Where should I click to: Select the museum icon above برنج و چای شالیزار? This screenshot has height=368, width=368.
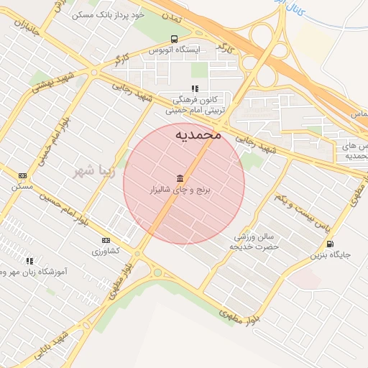(179, 178)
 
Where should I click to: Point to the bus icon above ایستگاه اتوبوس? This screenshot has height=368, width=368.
(174, 39)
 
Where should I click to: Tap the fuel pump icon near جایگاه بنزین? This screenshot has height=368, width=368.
(329, 244)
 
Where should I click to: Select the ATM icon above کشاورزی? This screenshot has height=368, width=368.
(106, 240)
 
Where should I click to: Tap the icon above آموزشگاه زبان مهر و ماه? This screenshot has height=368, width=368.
(29, 261)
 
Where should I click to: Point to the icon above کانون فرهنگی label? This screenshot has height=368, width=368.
(195, 89)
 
